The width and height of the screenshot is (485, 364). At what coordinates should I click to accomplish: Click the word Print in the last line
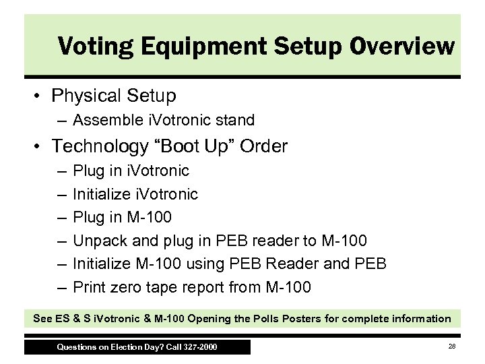[x=88, y=288]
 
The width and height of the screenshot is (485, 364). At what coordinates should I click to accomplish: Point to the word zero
[x=126, y=288]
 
